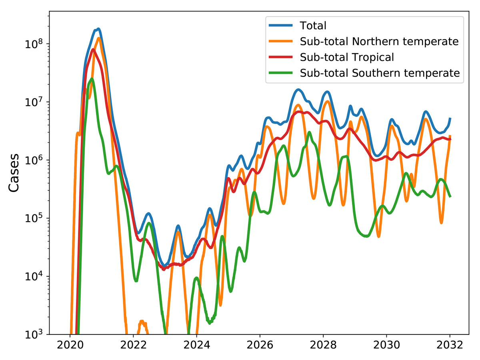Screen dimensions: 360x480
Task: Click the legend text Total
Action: click(x=313, y=26)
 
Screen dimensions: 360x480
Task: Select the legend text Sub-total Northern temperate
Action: click(x=379, y=42)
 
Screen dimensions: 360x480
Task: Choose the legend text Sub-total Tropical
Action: click(x=347, y=57)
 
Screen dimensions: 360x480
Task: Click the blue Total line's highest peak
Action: click(x=98, y=29)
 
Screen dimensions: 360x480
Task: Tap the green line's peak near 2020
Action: click(x=92, y=79)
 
